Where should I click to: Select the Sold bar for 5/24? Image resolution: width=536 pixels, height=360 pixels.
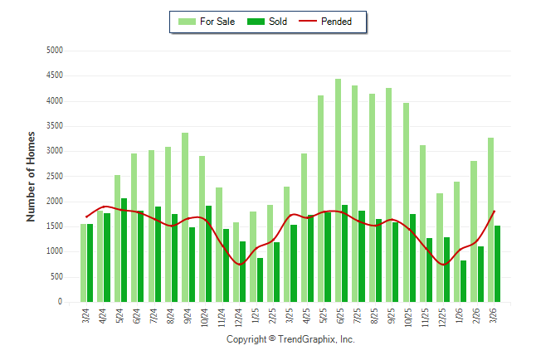124,250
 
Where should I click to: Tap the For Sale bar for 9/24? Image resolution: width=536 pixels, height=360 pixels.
185,217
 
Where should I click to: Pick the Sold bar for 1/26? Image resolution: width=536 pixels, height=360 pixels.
464,281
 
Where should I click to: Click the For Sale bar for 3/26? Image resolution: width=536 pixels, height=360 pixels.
490,220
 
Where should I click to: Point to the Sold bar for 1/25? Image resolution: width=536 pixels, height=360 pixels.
260,280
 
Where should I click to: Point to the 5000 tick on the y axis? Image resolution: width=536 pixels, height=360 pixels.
54,51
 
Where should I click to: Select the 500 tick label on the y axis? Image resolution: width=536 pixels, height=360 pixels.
56,277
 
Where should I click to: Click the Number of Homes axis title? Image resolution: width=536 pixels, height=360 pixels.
32,176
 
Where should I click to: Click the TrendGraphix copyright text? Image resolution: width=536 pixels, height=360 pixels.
290,339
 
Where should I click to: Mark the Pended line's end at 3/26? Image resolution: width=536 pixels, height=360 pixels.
495,211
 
